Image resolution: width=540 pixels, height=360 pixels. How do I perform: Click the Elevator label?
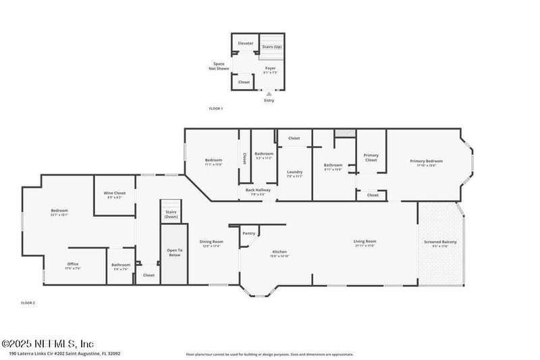pyautogui.click(x=246, y=43)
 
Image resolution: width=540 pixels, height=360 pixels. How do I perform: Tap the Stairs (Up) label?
pyautogui.click(x=272, y=47)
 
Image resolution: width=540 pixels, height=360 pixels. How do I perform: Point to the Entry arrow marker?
pyautogui.click(x=269, y=94)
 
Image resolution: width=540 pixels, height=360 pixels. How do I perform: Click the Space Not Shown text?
pyautogui.click(x=219, y=66)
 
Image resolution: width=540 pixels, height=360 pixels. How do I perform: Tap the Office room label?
pyautogui.click(x=73, y=265)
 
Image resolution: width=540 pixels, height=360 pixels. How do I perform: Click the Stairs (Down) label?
pyautogui.click(x=171, y=215)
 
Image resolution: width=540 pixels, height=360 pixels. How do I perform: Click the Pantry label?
pyautogui.click(x=249, y=233)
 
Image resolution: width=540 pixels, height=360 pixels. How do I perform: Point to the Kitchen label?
pyautogui.click(x=279, y=253)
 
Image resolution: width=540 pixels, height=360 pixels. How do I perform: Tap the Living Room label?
pyautogui.click(x=364, y=242)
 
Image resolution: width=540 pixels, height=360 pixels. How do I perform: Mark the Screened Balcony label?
pyautogui.click(x=440, y=243)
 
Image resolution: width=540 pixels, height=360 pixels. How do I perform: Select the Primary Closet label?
pyautogui.click(x=371, y=157)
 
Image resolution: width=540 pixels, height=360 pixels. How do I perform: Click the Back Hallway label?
pyautogui.click(x=258, y=192)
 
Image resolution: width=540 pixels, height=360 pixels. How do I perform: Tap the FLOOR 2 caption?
pyautogui.click(x=28, y=303)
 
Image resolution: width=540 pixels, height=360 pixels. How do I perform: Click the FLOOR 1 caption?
pyautogui.click(x=215, y=108)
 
